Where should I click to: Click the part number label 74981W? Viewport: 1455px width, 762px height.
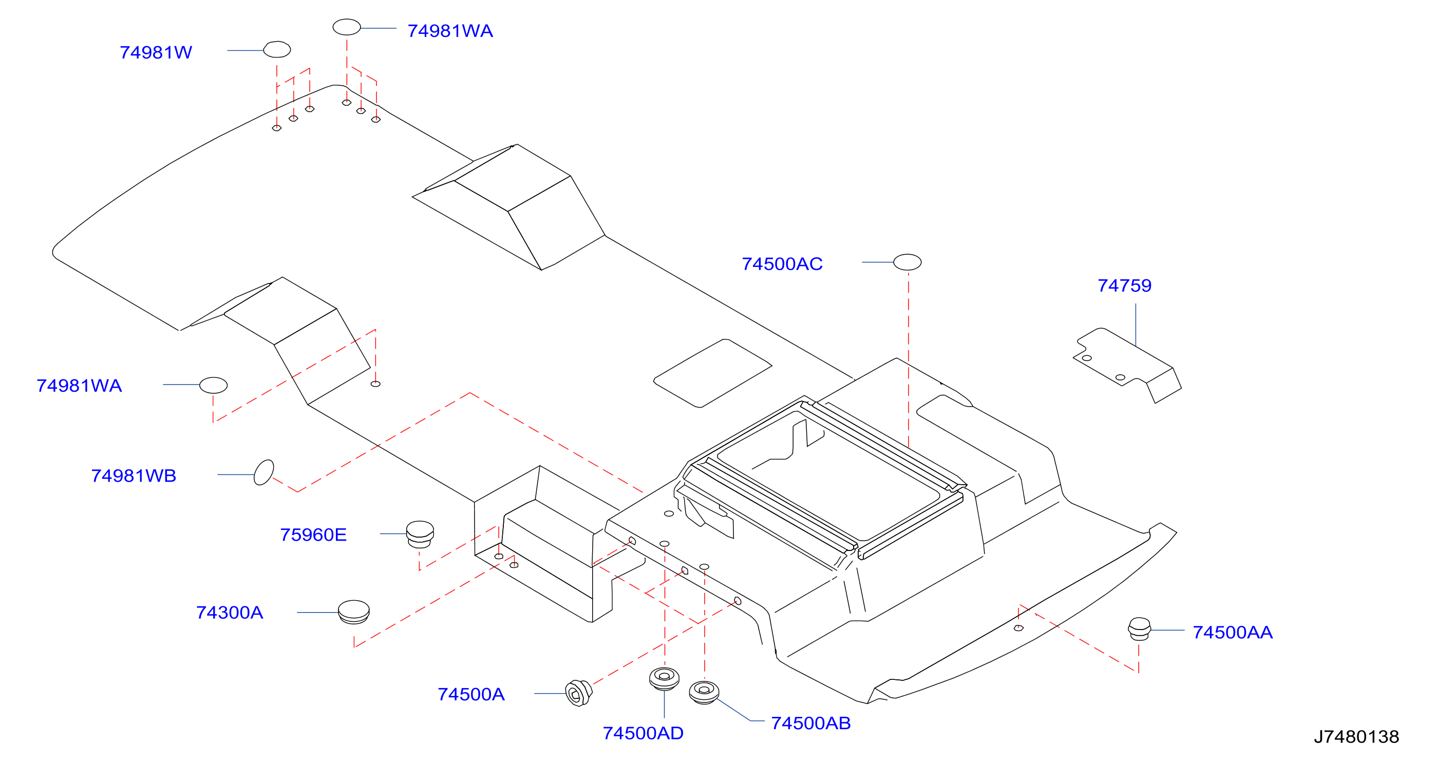click(x=156, y=52)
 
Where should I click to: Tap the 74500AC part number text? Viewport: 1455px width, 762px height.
click(x=782, y=264)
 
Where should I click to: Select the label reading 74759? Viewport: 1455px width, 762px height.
click(x=1124, y=285)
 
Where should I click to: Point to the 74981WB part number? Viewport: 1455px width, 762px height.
click(x=134, y=475)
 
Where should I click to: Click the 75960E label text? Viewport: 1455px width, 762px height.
click(x=313, y=535)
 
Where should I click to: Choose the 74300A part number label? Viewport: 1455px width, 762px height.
click(x=230, y=612)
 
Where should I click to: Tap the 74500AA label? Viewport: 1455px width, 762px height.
click(x=1233, y=632)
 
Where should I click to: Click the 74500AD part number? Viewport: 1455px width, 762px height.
click(x=643, y=733)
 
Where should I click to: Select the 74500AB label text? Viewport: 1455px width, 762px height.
click(x=810, y=723)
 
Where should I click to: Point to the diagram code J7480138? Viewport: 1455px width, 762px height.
click(x=1356, y=736)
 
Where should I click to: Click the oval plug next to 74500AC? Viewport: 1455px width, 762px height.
click(x=907, y=262)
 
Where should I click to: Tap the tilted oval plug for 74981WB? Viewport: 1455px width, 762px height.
click(x=264, y=472)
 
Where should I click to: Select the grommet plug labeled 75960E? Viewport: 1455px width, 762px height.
click(x=420, y=535)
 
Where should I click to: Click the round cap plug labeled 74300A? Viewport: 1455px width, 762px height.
click(x=353, y=612)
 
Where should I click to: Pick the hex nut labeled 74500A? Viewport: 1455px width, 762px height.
click(x=578, y=693)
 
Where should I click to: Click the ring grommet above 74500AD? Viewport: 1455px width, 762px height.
click(x=664, y=678)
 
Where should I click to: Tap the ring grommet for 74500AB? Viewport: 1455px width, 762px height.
click(x=704, y=693)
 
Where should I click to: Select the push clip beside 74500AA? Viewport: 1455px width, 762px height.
click(x=1139, y=629)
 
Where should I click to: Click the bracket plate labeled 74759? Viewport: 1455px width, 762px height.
click(x=1127, y=365)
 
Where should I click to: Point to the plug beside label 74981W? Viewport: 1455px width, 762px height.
click(x=277, y=50)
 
